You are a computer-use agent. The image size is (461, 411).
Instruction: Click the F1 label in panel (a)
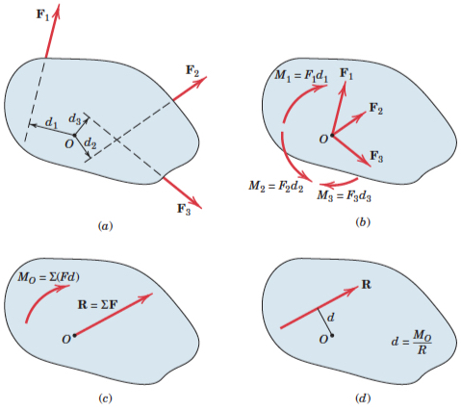pos(42,15)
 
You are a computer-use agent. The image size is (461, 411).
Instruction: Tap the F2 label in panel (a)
pos(192,71)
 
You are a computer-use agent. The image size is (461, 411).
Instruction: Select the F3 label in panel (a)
pos(184,209)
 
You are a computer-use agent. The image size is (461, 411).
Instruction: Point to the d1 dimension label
pos(51,122)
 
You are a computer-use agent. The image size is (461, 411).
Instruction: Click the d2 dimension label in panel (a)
pos(90,143)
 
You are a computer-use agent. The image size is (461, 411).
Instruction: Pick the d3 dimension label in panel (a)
pos(75,119)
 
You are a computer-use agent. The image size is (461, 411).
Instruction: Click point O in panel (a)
pos(74,136)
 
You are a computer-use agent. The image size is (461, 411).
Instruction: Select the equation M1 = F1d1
pos(301,76)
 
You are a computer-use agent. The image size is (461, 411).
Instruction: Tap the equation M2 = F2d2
pos(276,187)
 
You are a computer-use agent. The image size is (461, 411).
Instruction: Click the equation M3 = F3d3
pos(344,195)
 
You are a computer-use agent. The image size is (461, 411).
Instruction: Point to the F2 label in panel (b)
pos(376,109)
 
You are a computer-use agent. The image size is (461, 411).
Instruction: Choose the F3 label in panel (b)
pos(376,156)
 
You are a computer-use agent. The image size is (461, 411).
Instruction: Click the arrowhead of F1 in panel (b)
pos(344,86)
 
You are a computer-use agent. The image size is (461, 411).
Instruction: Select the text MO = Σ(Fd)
pos(48,277)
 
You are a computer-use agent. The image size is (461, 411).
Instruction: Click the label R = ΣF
pos(98,304)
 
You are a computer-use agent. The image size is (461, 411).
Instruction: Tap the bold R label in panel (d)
pos(367,285)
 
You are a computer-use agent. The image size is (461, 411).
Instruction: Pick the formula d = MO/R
pos(412,343)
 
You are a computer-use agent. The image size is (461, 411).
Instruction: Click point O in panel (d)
pos(332,336)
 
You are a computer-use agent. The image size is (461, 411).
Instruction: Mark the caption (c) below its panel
pos(105,398)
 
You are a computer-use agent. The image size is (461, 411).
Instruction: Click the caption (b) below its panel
pos(363,222)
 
